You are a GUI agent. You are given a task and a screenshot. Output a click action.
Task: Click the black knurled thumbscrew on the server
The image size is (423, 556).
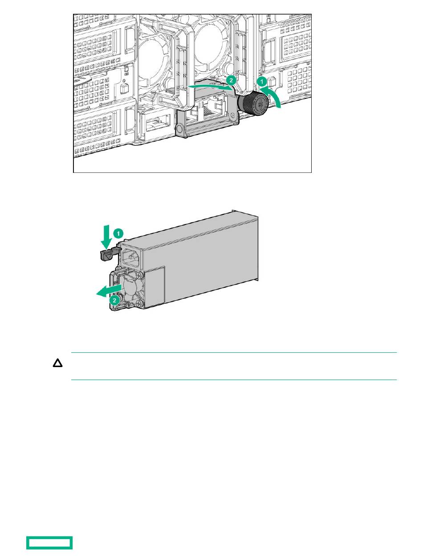[x=253, y=104]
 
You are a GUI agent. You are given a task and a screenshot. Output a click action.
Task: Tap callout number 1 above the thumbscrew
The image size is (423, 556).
[x=261, y=82]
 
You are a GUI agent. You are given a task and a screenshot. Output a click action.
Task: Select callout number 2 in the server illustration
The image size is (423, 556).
[x=231, y=81]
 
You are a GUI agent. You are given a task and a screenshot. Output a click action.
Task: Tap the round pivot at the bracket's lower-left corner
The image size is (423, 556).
[x=179, y=129]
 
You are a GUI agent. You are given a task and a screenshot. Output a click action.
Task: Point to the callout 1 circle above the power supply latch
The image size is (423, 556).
[x=118, y=233]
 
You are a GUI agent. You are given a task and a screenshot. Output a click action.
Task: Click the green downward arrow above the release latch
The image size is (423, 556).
[x=106, y=236]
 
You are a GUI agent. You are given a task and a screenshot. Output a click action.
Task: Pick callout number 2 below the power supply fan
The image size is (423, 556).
[x=114, y=300]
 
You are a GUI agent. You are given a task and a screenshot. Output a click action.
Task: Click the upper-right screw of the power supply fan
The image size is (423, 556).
[x=140, y=274]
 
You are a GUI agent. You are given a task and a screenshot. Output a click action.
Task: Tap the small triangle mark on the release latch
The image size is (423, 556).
[x=108, y=256]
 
